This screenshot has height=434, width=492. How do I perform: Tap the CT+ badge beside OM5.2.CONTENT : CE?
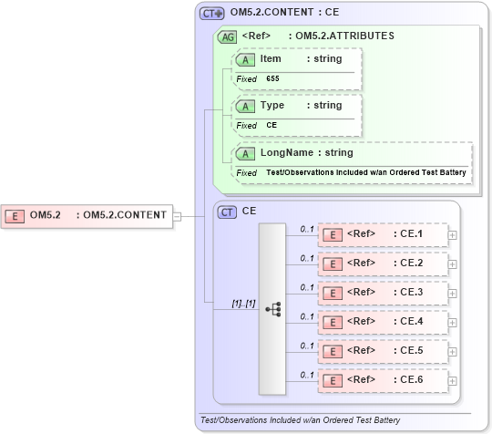(x=211, y=14)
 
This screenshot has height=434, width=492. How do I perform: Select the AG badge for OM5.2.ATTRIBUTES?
(x=227, y=36)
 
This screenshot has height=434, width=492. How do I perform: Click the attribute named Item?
(x=271, y=59)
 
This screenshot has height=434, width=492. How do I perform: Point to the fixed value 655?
(x=272, y=79)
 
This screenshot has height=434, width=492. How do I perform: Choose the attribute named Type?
(x=272, y=105)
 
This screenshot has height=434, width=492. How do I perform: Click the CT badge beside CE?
(x=227, y=211)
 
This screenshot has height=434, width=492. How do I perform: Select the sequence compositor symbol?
(x=272, y=309)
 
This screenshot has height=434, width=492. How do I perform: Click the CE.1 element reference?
(x=383, y=234)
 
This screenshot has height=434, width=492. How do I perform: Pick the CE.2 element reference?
(x=383, y=263)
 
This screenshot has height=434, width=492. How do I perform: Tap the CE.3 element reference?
(x=383, y=293)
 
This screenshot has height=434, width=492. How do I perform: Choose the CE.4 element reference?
(x=383, y=321)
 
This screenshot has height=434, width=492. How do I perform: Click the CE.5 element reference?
(x=383, y=350)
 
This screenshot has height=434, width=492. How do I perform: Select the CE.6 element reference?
(x=383, y=379)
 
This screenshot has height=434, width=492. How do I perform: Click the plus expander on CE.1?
(x=452, y=234)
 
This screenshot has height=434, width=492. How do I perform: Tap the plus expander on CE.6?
(x=452, y=379)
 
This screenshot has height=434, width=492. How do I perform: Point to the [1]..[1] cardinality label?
(x=231, y=301)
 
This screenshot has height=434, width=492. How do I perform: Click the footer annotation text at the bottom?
(x=300, y=420)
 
